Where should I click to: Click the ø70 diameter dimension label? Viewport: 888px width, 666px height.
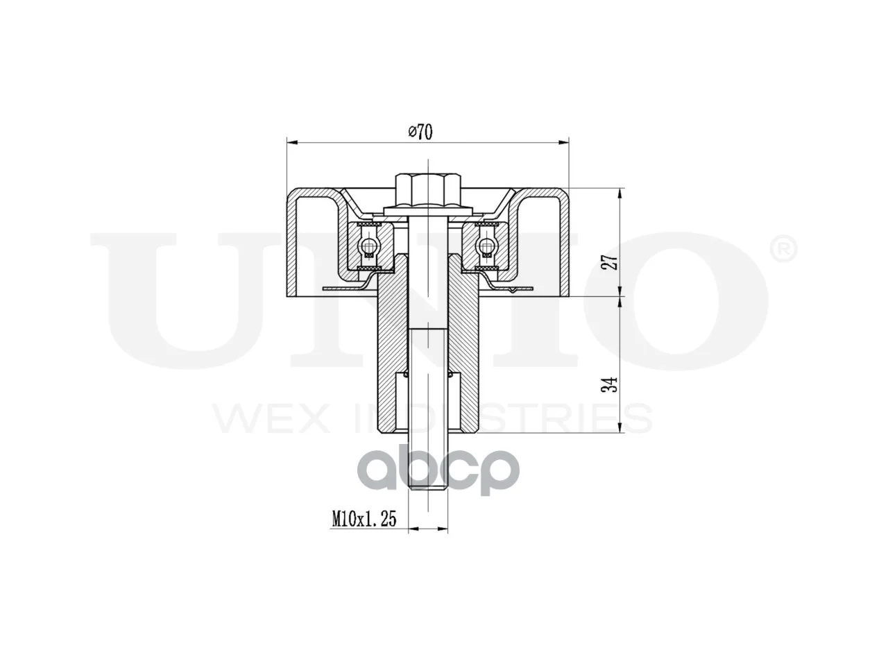pyautogui.click(x=420, y=132)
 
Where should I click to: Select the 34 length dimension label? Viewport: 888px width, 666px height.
pyautogui.click(x=611, y=384)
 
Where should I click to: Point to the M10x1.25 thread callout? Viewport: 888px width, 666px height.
pyautogui.click(x=364, y=519)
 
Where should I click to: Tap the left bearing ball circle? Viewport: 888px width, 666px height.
pyautogui.click(x=368, y=245)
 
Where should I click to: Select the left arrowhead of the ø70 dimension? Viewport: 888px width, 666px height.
pyautogui.click(x=292, y=142)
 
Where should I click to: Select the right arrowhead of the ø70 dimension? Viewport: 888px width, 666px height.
pyautogui.click(x=563, y=142)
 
